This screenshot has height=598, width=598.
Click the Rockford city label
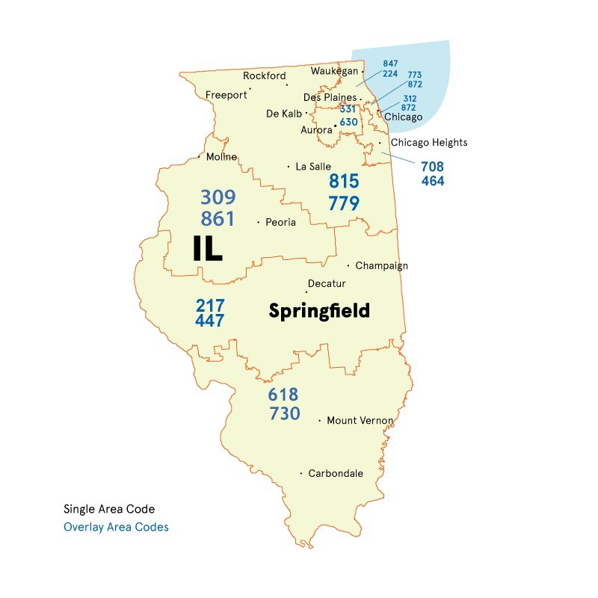pos(265,75)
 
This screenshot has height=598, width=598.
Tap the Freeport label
pos(226,95)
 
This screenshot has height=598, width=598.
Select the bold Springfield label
pos(319,310)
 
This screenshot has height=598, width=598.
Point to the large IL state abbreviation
pos(207,248)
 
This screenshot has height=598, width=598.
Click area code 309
pos(218,197)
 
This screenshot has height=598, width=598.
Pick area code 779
pos(344,203)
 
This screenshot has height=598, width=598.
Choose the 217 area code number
pos(210,305)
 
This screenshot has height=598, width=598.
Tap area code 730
pos(283,413)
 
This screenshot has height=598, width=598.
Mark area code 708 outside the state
pos(432,166)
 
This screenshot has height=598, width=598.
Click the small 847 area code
pos(390,64)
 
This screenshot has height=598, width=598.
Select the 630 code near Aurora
pos(348,122)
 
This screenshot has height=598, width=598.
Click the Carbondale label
pos(336,473)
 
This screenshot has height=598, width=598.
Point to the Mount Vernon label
pos(360,421)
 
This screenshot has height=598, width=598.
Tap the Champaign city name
pos(381,265)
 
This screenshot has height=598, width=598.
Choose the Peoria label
pos(281,222)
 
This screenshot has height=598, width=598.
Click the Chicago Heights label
pos(429,142)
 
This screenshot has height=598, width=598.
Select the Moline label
pos(221,157)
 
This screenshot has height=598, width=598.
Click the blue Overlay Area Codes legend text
pos(116,527)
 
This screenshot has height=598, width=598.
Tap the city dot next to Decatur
pos(306,292)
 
